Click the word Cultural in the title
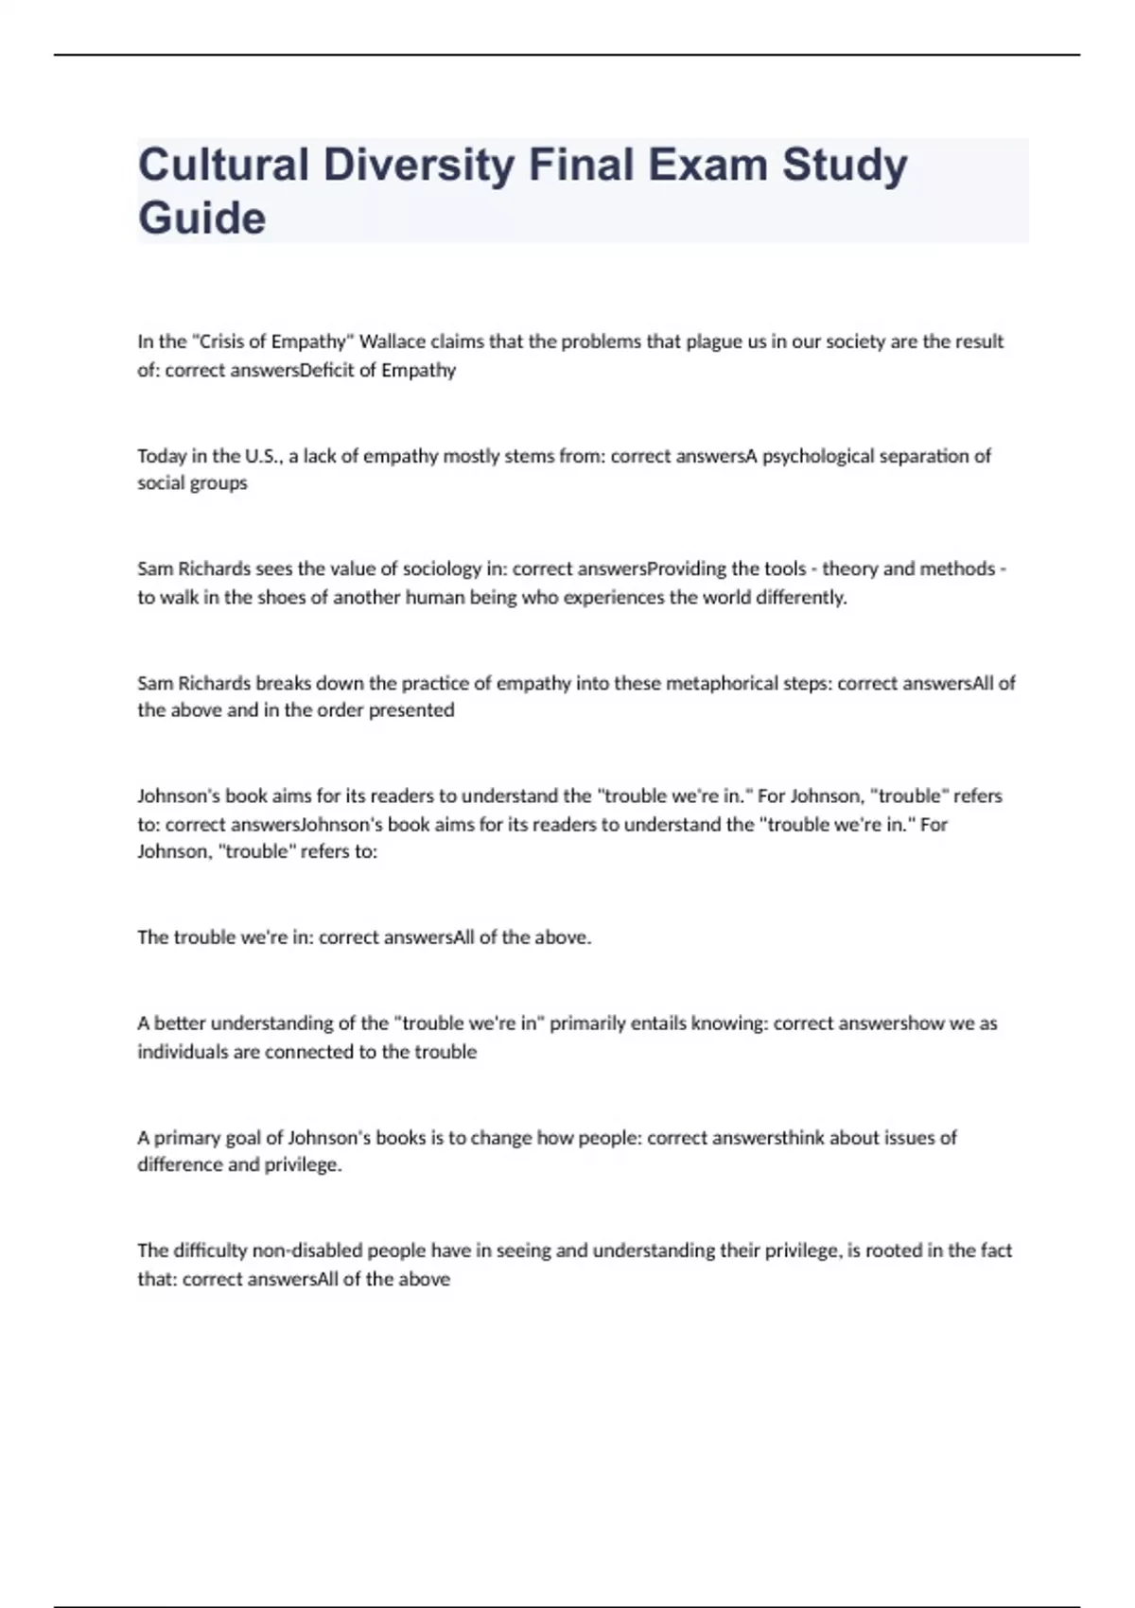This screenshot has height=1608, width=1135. coord(223,165)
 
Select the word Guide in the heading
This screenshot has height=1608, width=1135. coord(202,218)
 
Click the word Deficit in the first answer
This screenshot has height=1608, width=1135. coord(326,370)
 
